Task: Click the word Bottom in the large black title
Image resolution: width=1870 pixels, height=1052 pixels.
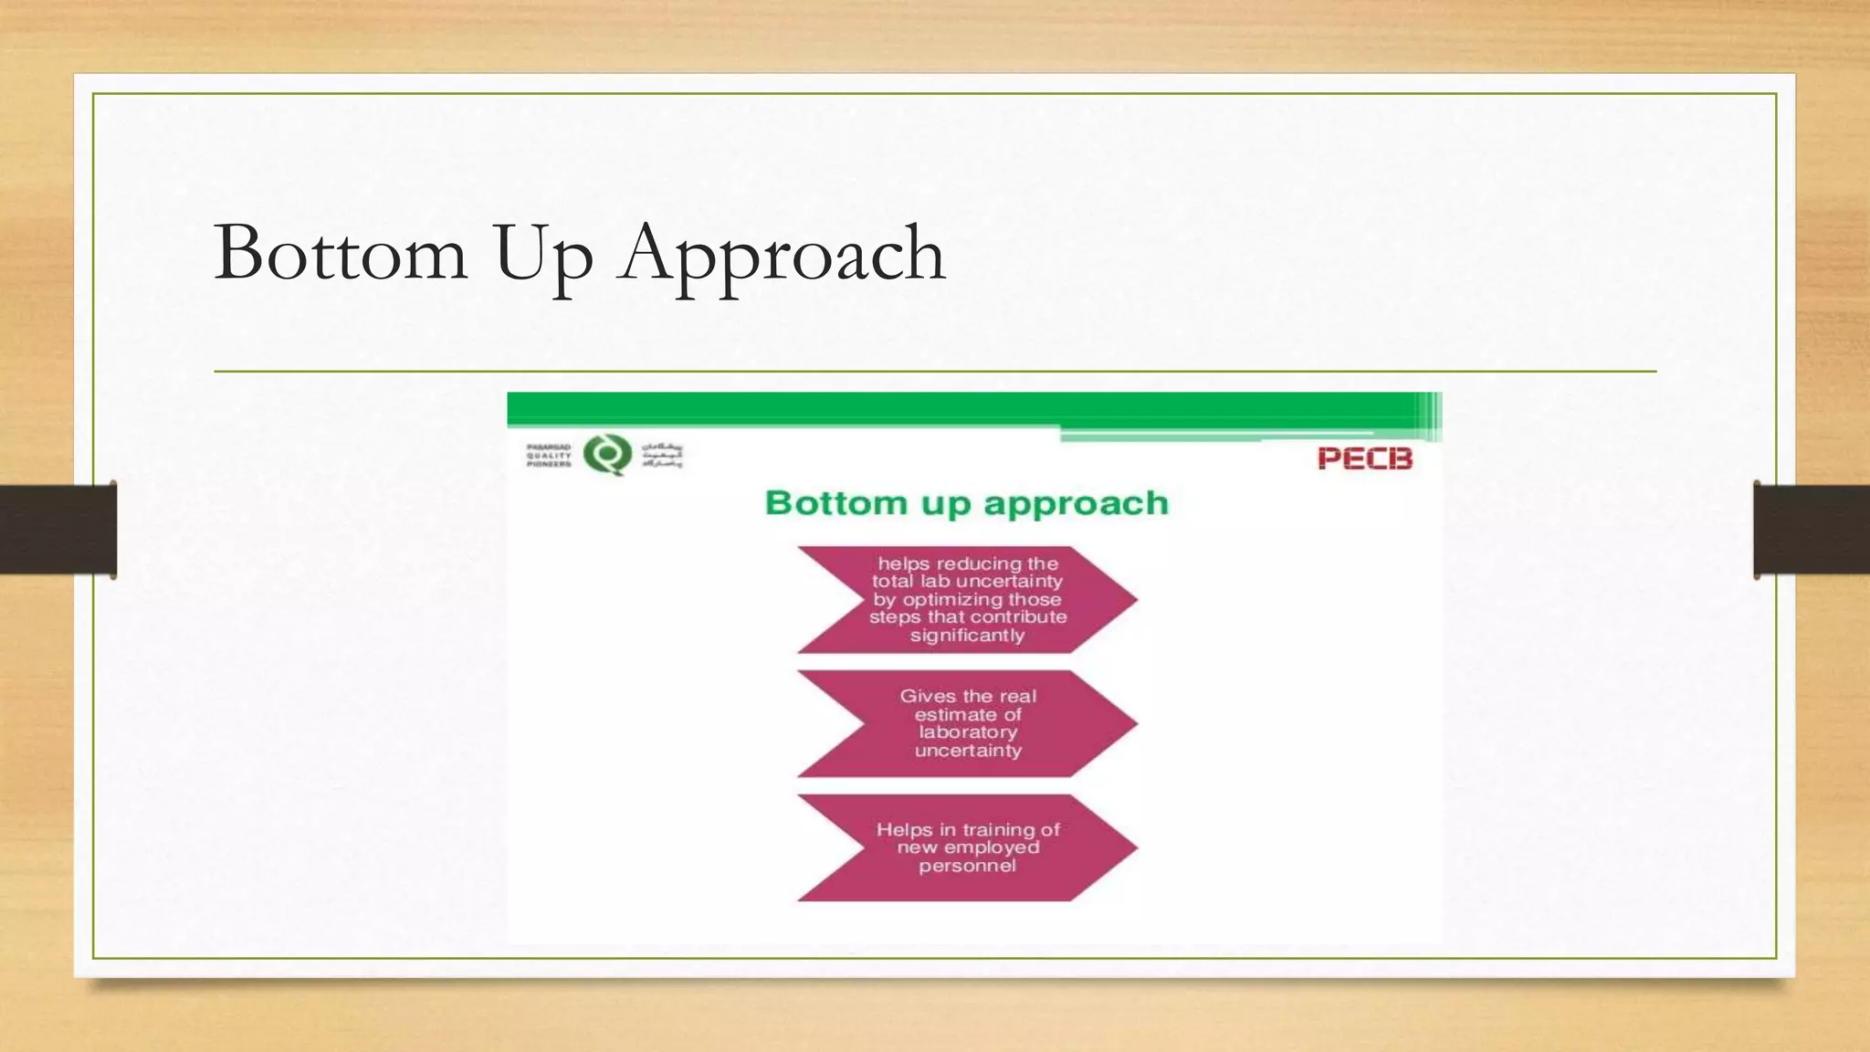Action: point(341,253)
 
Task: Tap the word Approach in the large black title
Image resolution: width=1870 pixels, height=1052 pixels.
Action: point(782,255)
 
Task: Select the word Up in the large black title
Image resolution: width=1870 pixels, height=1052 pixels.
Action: point(543,255)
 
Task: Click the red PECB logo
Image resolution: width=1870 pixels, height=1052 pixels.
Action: point(1364,458)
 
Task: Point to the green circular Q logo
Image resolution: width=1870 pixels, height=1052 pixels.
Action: point(607,455)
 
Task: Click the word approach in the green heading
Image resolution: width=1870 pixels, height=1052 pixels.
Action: point(1076,504)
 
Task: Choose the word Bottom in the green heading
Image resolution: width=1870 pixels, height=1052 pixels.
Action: point(836,503)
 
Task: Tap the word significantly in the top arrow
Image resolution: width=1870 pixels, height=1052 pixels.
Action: point(967,636)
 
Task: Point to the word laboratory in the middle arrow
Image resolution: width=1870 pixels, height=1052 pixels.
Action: point(968,732)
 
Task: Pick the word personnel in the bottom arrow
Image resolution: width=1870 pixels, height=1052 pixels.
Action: point(967,866)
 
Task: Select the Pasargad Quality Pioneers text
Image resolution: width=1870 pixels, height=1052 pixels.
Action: point(549,456)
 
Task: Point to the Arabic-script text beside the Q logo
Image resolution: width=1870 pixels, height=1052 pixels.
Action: point(662,455)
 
